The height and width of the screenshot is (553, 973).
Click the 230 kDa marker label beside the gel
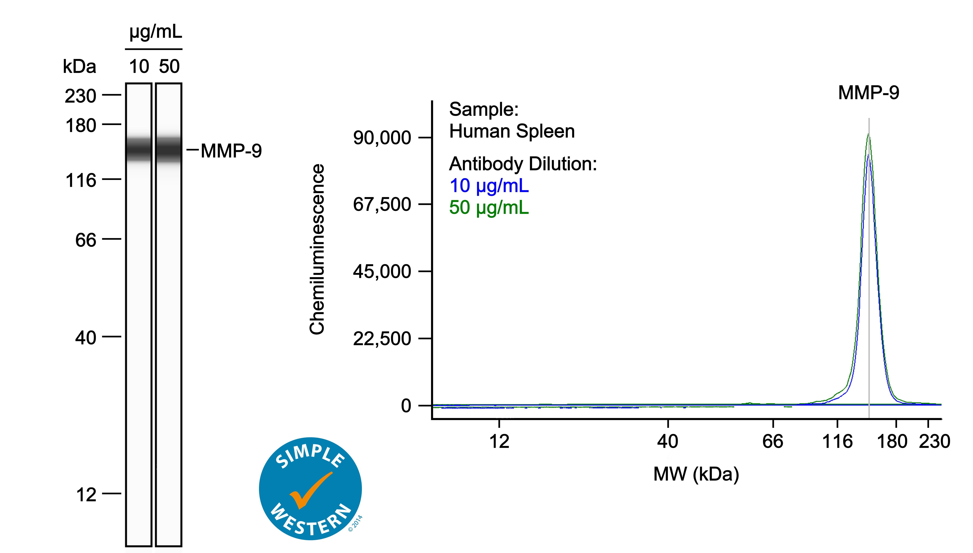[80, 96]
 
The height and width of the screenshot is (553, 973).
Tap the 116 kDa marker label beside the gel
[81, 180]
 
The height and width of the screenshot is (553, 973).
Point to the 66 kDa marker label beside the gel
[86, 240]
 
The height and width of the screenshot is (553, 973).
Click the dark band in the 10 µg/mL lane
[139, 149]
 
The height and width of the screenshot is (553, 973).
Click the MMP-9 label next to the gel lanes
[231, 151]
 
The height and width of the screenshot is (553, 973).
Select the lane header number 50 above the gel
[169, 66]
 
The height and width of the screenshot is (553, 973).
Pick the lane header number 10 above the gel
[139, 66]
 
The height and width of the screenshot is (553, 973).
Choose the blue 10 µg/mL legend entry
[489, 186]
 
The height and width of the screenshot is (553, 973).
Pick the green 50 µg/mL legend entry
[489, 207]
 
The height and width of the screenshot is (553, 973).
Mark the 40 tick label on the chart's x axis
[667, 441]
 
